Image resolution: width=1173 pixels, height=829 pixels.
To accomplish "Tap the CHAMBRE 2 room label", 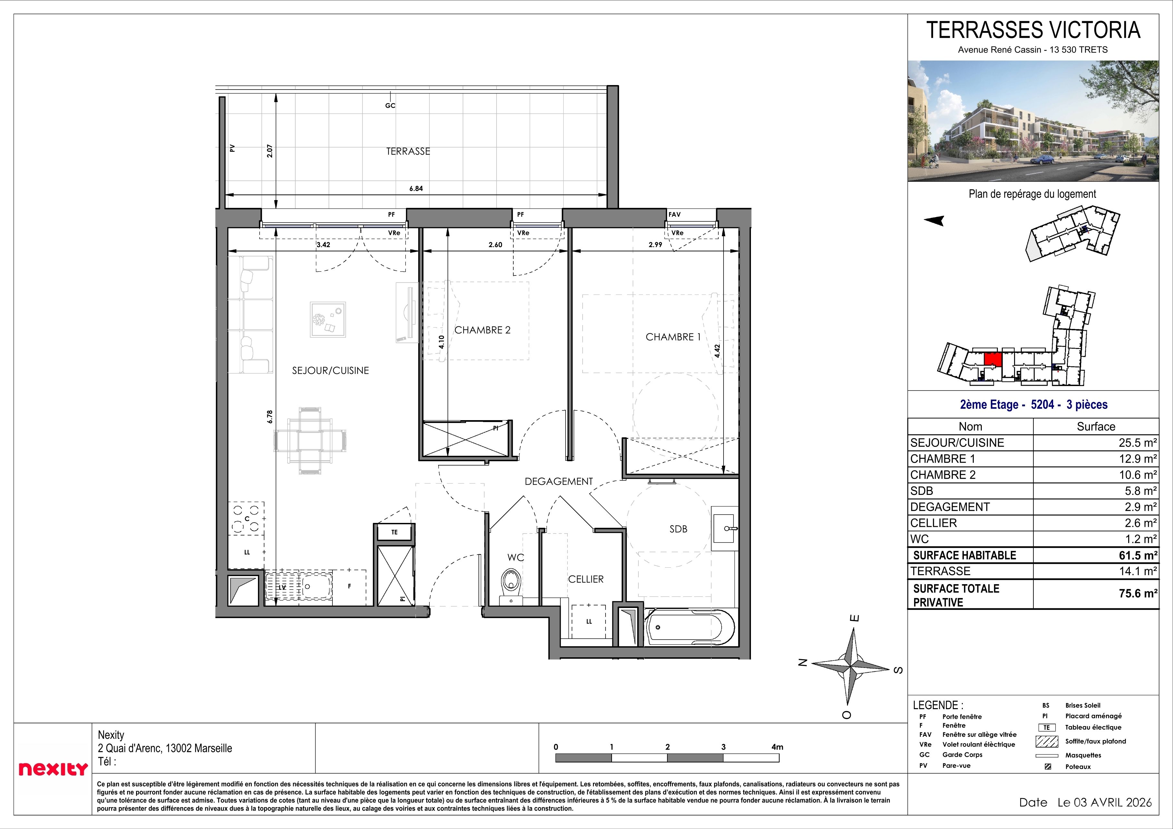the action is pos(482,330).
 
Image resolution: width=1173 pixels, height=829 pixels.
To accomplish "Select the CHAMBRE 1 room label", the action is pos(673,337).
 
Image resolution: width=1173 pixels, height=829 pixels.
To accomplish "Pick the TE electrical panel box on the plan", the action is pos(394,532).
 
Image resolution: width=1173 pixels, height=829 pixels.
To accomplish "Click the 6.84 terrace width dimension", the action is pos(416,188).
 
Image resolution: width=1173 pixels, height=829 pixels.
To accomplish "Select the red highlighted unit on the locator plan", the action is pos(992,359).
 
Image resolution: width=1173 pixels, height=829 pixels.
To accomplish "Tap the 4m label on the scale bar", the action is pos(777,747).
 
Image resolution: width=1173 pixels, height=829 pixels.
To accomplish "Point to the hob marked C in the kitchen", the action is pos(247,518).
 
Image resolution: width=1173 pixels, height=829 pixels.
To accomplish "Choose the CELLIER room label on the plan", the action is pos(586,579).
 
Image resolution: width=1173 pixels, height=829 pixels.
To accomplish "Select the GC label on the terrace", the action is pos(390,106).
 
